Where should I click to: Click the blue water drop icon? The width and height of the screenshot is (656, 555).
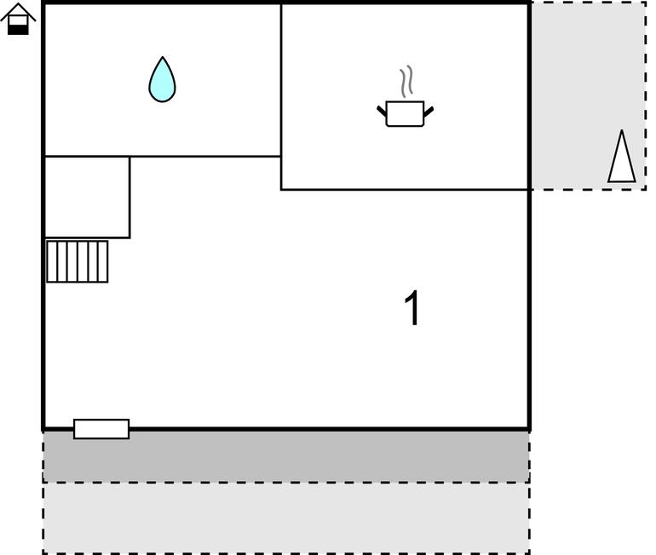[x=163, y=79]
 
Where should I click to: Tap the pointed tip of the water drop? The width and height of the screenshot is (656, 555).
[x=163, y=57]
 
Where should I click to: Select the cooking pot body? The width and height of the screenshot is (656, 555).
[x=405, y=114]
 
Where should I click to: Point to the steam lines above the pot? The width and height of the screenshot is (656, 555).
[x=406, y=82]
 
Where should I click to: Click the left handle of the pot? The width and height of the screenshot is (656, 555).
[x=382, y=111]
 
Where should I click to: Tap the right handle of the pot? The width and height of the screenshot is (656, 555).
[x=429, y=112]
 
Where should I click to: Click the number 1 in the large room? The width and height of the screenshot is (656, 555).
[x=412, y=307]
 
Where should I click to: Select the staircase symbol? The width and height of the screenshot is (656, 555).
[x=77, y=261]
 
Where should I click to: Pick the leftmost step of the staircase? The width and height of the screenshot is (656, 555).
[x=51, y=261]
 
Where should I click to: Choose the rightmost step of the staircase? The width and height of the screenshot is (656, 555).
[x=103, y=261]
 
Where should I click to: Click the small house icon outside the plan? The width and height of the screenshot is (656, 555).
[x=18, y=19]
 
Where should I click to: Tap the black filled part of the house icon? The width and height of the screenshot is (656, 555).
[x=18, y=29]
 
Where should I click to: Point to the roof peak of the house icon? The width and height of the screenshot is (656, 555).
[x=18, y=3]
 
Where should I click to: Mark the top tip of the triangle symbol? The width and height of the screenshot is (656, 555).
[x=622, y=130]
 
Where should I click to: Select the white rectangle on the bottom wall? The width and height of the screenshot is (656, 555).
[x=101, y=429]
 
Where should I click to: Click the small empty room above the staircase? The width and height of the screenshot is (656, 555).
[x=87, y=197]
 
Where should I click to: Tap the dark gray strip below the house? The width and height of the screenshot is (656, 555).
[x=286, y=456]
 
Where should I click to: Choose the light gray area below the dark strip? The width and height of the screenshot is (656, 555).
[x=286, y=518]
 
